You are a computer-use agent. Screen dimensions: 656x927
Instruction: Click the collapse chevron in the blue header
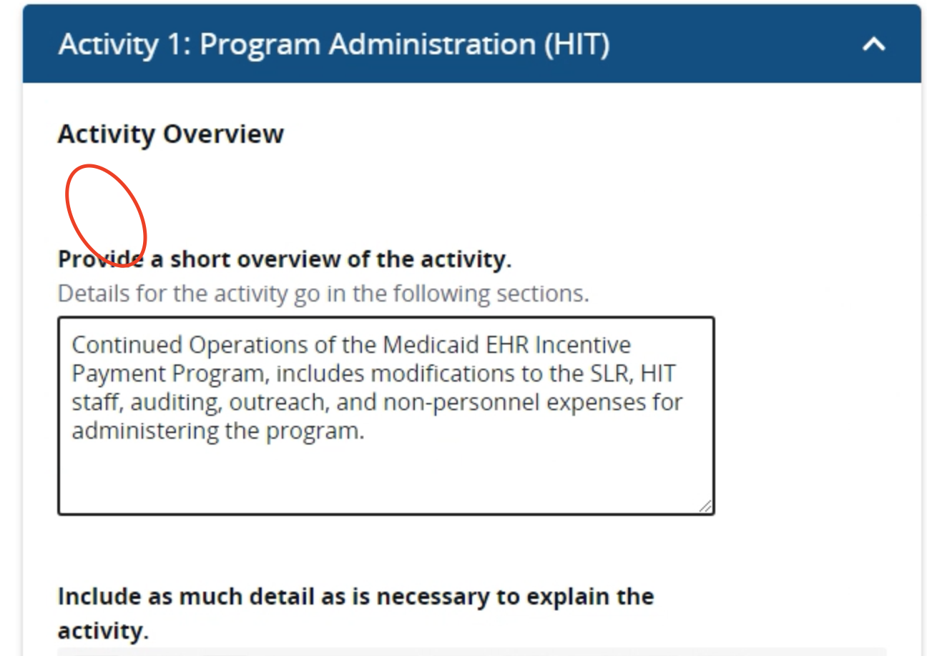(873, 45)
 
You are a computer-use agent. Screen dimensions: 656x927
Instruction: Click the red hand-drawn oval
(106, 215)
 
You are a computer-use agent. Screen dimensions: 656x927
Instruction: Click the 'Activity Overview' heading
(170, 134)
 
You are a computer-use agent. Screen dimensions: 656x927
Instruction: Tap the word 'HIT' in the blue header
(578, 45)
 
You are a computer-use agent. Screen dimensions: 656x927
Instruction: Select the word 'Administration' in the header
(431, 45)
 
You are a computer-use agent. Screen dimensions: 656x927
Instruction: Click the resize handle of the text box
(705, 506)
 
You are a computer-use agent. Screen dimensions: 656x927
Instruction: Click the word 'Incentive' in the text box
(584, 344)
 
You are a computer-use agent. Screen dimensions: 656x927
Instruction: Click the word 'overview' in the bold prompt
(288, 259)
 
